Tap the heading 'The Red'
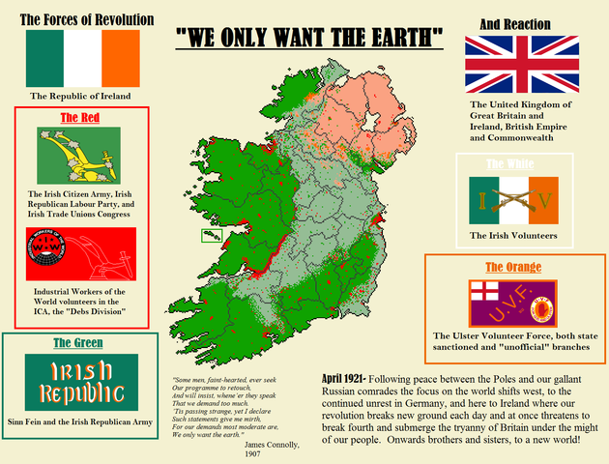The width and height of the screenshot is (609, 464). [80, 118]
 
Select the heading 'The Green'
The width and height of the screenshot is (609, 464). [80, 344]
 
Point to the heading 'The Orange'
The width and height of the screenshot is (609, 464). [513, 267]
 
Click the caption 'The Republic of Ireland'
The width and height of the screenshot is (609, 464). [81, 97]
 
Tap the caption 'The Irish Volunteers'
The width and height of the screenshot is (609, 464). [513, 235]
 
